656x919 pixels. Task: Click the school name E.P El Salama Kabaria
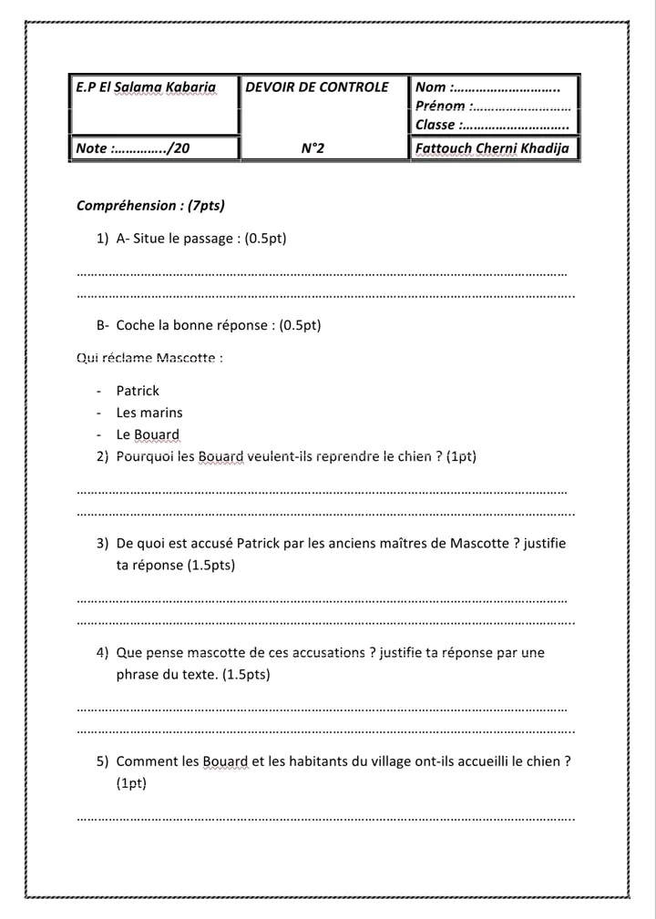click(146, 88)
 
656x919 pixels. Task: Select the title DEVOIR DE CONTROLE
click(317, 87)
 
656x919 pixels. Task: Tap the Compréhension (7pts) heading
click(150, 206)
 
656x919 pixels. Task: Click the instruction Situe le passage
click(201, 239)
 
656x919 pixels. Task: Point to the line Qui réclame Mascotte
click(150, 357)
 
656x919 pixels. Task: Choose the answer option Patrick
click(138, 391)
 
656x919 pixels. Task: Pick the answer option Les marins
click(149, 413)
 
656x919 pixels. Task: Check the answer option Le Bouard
click(148, 434)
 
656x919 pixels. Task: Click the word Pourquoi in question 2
click(145, 456)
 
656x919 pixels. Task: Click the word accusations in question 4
click(331, 653)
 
